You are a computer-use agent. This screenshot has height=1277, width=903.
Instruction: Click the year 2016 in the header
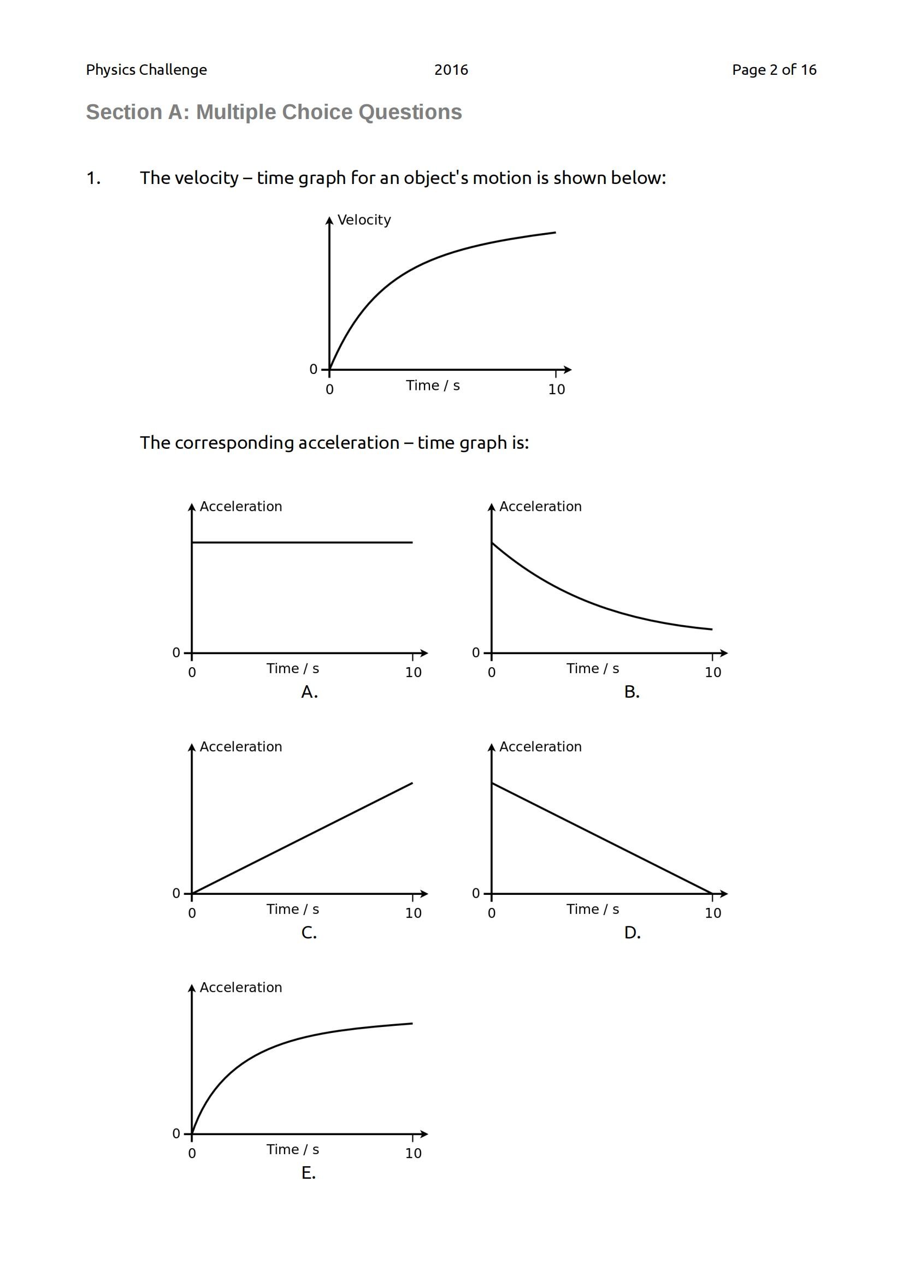coord(451,70)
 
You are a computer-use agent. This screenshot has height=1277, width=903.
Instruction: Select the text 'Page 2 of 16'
coord(774,70)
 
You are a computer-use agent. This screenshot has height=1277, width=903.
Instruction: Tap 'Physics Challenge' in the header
coord(146,70)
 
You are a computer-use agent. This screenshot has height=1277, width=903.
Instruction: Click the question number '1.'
coord(93,178)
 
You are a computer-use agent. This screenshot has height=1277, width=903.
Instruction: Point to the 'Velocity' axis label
coord(364,220)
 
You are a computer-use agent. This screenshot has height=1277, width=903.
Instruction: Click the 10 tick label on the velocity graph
coord(556,390)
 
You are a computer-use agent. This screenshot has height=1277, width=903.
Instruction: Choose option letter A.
coord(309,692)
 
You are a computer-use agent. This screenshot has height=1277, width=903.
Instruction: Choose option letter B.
coord(631,692)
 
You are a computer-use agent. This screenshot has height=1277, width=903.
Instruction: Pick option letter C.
coord(309,932)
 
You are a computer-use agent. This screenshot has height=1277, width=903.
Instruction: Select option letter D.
coord(632,932)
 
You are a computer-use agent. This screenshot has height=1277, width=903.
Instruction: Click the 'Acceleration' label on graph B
coord(540,507)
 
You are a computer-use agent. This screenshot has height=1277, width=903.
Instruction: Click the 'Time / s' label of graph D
coord(593,910)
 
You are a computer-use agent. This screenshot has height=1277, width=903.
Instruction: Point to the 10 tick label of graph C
coord(414,913)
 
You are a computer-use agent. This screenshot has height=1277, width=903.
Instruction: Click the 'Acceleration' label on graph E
coord(241,988)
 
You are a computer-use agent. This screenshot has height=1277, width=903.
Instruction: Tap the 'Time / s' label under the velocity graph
coord(433,386)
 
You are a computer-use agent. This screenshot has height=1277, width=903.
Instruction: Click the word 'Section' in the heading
coord(123,112)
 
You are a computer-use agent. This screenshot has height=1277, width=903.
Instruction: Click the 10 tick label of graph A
coord(414,673)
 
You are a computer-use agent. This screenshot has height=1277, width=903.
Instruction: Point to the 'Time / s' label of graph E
coord(293,1150)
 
